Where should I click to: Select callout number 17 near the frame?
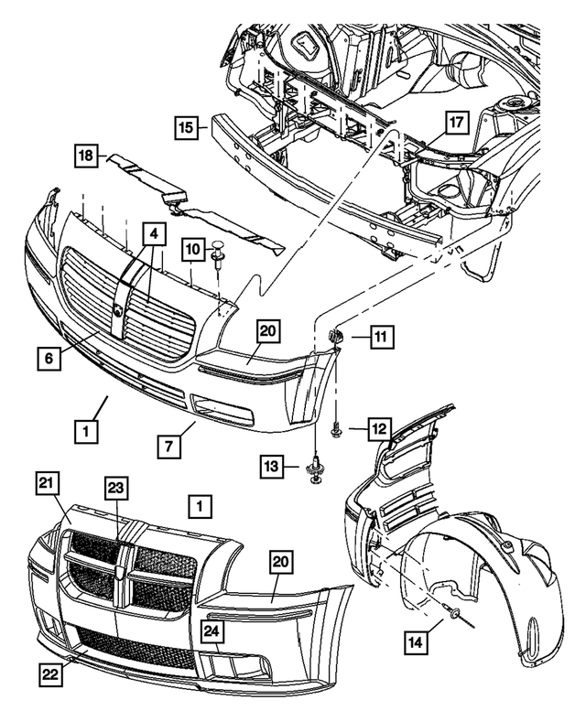point(457,122)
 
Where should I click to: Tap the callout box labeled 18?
point(85,158)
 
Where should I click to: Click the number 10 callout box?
point(191,249)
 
